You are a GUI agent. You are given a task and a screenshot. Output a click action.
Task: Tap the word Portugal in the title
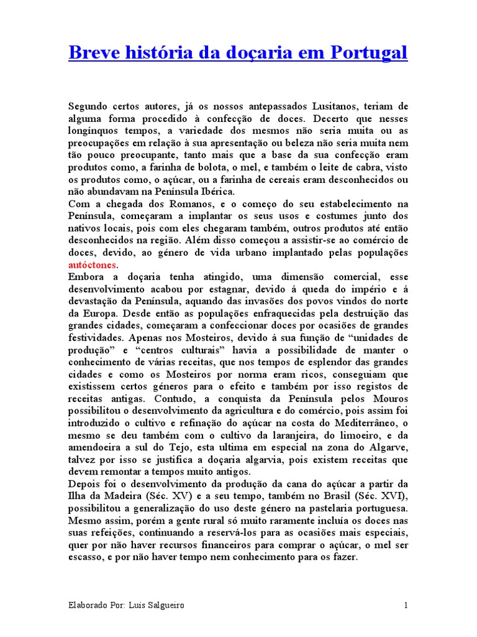point(371,53)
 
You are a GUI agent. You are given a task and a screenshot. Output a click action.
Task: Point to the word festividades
point(93,338)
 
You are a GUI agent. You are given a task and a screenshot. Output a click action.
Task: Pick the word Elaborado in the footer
point(89,605)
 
